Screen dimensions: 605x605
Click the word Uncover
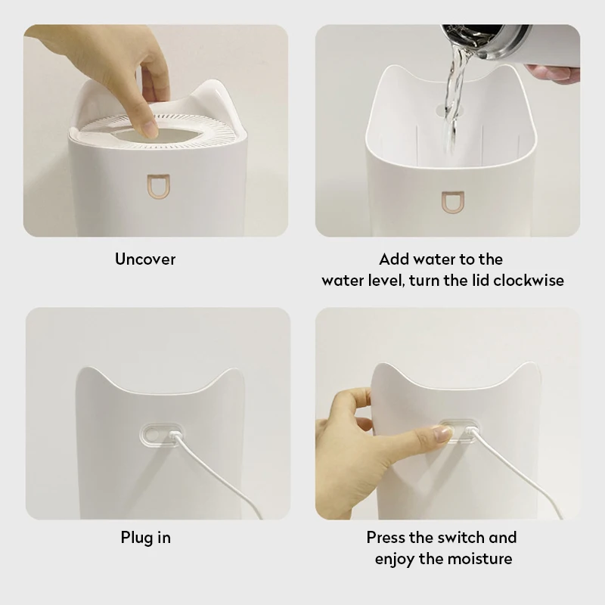click(x=145, y=259)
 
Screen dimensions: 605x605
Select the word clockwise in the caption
click(x=529, y=281)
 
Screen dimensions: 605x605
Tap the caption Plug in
click(x=145, y=538)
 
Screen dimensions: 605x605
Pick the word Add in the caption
click(x=394, y=259)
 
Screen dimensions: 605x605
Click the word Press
click(x=387, y=538)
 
